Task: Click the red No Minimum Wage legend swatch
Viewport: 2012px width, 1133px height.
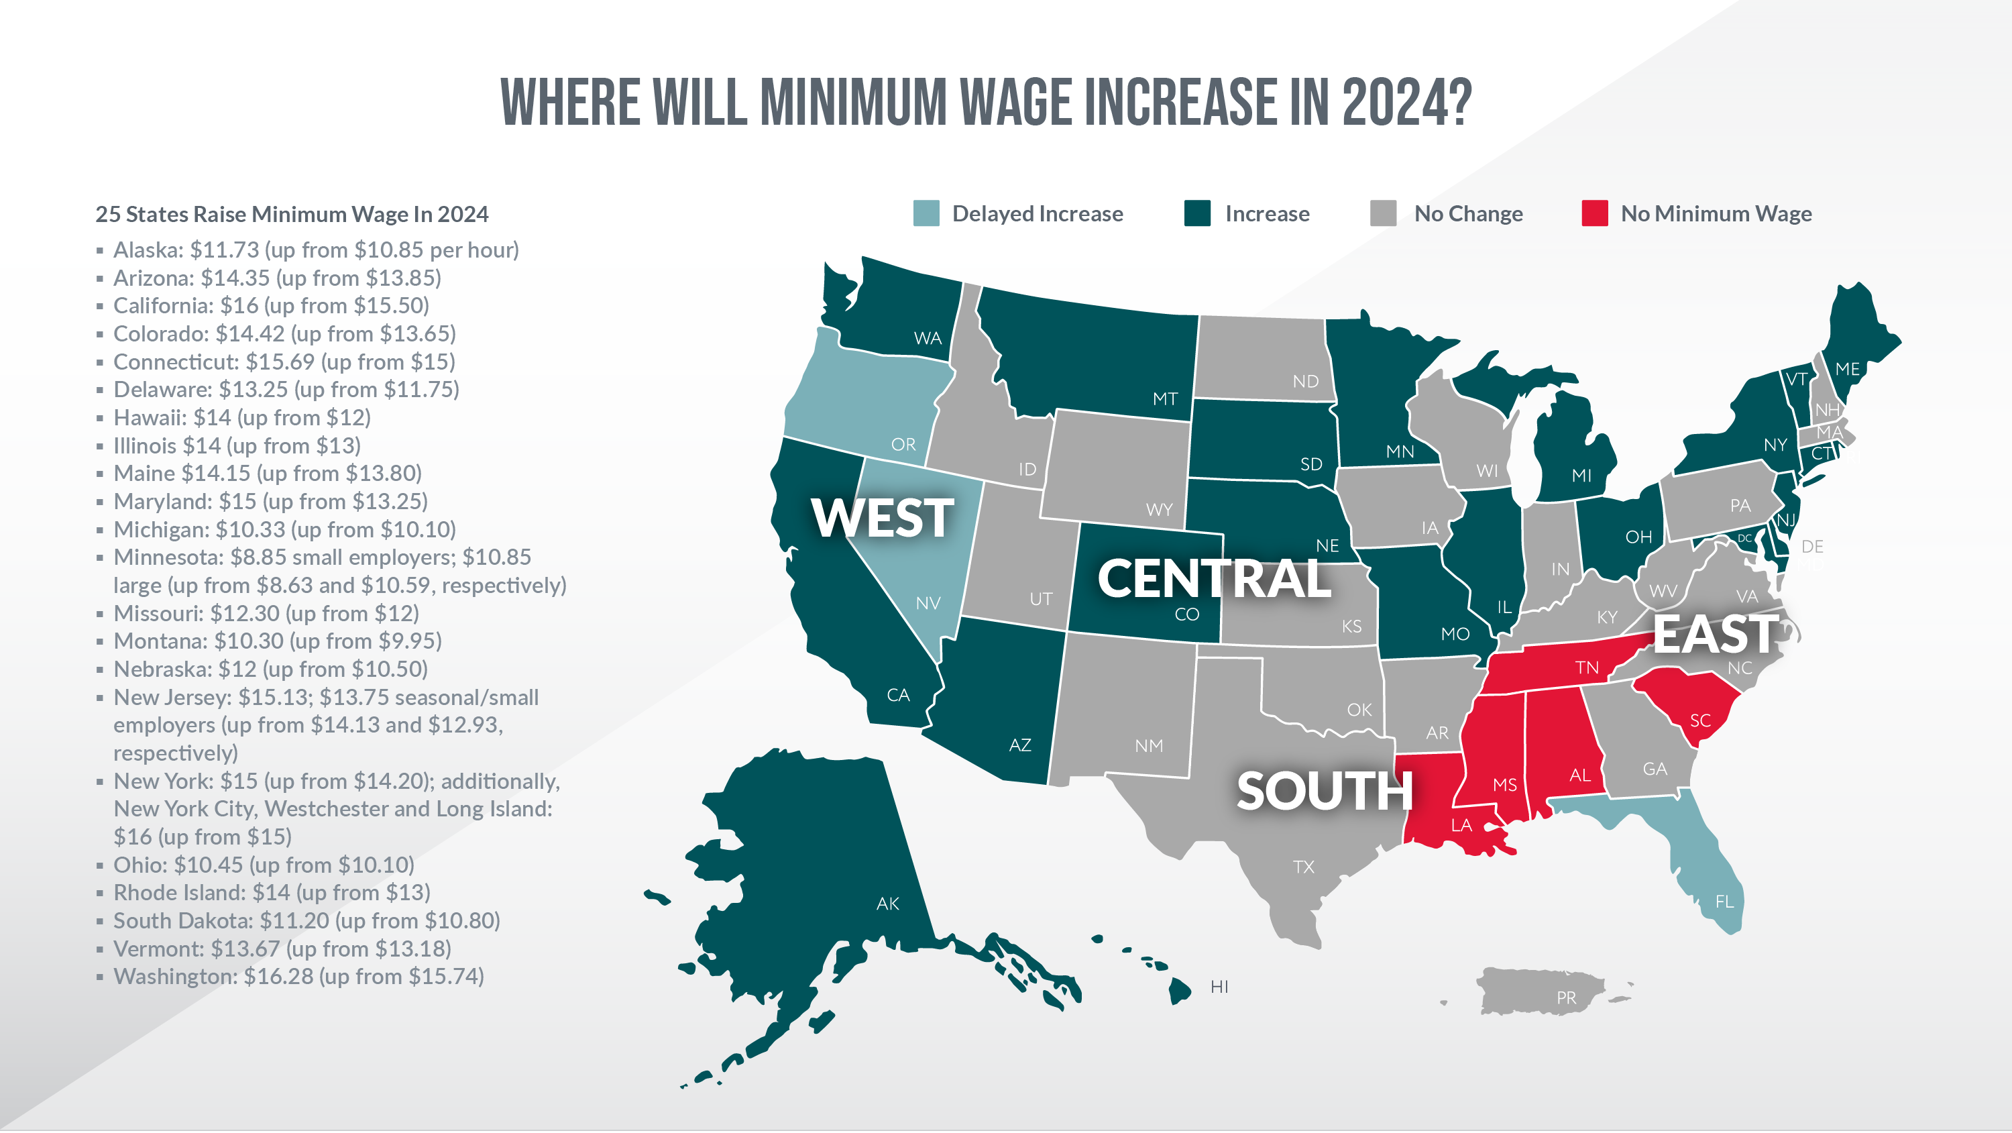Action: tap(1594, 213)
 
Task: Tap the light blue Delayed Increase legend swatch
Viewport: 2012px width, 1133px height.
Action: tap(926, 213)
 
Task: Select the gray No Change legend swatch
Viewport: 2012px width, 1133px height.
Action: tap(1382, 213)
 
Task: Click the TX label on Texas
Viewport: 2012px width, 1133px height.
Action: tap(1303, 867)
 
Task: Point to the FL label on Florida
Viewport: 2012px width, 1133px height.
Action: tap(1724, 902)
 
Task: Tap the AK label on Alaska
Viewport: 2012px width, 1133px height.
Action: tap(887, 904)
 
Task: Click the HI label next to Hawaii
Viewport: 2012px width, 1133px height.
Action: tap(1219, 987)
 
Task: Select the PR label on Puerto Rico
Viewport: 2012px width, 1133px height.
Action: tap(1565, 997)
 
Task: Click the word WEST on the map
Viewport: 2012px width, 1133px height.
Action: tap(882, 518)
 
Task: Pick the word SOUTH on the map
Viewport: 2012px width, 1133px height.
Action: tap(1324, 791)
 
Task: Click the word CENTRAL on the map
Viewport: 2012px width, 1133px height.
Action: tap(1213, 579)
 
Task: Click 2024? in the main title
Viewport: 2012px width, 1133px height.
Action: tap(1406, 103)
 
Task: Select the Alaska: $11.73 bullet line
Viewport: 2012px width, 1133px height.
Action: tap(315, 250)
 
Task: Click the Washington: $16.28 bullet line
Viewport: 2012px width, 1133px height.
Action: tap(298, 977)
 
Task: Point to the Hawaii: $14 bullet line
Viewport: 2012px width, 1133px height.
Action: tap(241, 417)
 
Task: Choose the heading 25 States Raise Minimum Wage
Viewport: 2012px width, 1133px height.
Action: tap(291, 214)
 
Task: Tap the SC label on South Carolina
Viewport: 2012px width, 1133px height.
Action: tap(1699, 720)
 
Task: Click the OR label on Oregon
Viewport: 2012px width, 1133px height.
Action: tap(903, 445)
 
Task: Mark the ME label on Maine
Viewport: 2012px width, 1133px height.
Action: tap(1846, 369)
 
